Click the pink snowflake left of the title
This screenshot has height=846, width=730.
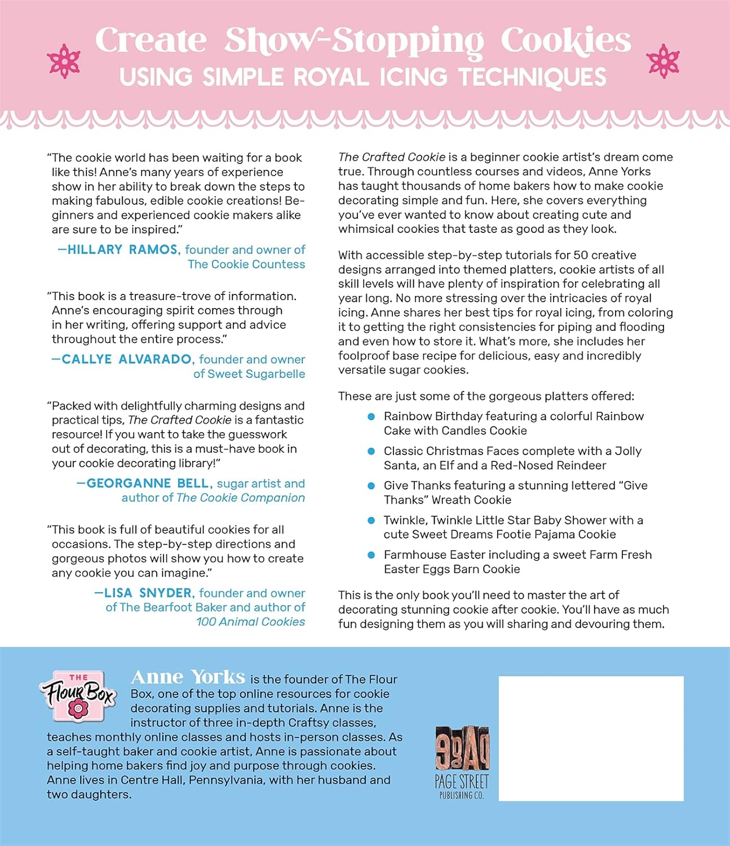coord(64,61)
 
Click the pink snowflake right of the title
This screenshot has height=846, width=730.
coord(663,61)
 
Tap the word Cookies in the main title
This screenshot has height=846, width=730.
coord(565,41)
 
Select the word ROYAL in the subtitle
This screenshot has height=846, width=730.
coord(333,77)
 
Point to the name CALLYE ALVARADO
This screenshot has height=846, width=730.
coord(127,359)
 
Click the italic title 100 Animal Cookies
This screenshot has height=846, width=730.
coord(251,622)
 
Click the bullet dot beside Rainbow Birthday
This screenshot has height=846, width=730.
coord(371,416)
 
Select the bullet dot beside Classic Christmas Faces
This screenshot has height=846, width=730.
coord(371,451)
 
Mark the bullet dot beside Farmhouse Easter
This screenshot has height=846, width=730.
coord(371,555)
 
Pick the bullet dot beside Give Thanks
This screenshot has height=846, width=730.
coord(371,486)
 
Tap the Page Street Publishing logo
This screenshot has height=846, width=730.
coord(462,762)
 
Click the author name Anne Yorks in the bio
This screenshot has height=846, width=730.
coord(188,677)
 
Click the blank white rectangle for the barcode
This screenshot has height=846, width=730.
coord(591,738)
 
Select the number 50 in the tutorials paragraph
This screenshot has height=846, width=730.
coord(581,255)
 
